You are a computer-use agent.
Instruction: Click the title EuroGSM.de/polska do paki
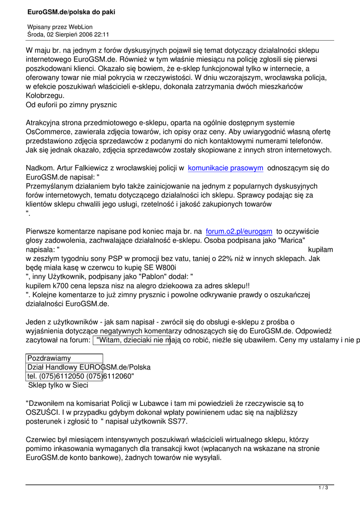tap(72, 11)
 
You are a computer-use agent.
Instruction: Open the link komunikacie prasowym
tap(225, 168)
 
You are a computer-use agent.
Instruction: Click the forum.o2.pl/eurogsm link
tap(239, 231)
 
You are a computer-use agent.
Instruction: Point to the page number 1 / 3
tap(323, 488)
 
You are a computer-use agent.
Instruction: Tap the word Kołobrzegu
tap(45, 95)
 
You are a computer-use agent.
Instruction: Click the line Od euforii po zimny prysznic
tap(71, 105)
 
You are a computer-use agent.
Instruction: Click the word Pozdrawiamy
tap(49, 358)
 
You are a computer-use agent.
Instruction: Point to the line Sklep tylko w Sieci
tap(58, 385)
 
